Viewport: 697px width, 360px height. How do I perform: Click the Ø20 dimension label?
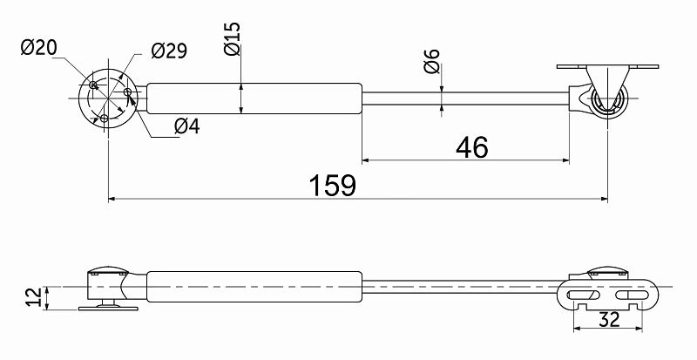(x=38, y=48)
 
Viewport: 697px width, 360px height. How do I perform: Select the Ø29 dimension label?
(x=169, y=51)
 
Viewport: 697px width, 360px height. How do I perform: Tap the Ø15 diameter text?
(x=233, y=38)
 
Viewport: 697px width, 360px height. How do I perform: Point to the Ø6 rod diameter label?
(x=431, y=61)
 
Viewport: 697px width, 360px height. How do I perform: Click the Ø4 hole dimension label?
(x=187, y=126)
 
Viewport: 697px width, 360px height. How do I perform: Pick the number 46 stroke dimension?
(x=472, y=147)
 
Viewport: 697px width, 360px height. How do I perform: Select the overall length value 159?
(x=333, y=185)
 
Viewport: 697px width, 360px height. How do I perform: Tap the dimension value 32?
(x=609, y=320)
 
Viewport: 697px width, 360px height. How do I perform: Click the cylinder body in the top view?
(x=254, y=98)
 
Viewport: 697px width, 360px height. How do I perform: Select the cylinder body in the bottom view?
(x=254, y=287)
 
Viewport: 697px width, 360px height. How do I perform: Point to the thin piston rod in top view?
(x=466, y=98)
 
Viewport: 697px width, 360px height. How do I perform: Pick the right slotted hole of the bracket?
(x=632, y=295)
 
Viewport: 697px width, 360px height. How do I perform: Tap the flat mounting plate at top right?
(x=607, y=67)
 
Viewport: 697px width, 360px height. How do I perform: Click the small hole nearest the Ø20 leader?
(x=93, y=85)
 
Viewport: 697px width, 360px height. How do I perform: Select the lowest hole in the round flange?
(x=105, y=118)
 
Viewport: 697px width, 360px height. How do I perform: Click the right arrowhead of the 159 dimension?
(x=604, y=199)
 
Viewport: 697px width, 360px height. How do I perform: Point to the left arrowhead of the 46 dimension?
(x=366, y=160)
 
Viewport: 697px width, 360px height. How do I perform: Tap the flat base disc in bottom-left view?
(x=108, y=308)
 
